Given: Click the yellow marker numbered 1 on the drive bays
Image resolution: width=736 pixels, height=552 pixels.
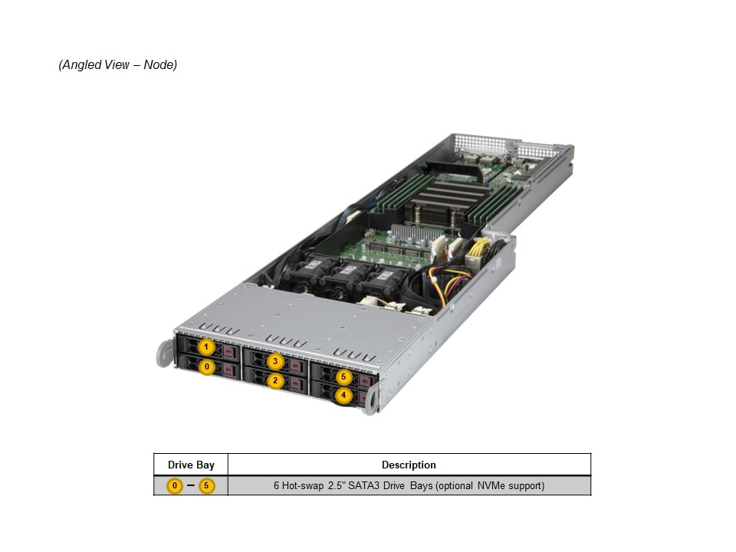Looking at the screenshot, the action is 206,347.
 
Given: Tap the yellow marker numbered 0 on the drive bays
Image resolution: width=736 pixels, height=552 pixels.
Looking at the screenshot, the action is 206,367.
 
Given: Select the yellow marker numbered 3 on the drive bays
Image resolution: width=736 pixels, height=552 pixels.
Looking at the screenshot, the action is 275,361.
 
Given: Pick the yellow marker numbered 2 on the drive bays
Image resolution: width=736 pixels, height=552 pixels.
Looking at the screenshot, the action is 275,381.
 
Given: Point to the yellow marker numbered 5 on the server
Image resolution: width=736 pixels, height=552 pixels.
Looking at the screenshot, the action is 343,376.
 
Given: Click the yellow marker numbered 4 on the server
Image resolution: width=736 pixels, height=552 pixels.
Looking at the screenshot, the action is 343,396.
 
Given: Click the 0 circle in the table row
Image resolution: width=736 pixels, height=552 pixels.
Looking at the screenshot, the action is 175,486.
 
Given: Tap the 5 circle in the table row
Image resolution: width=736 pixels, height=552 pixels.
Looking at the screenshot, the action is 206,486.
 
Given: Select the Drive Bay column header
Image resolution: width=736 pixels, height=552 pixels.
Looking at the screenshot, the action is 191,465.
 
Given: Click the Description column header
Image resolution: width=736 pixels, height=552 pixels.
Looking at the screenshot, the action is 409,465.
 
